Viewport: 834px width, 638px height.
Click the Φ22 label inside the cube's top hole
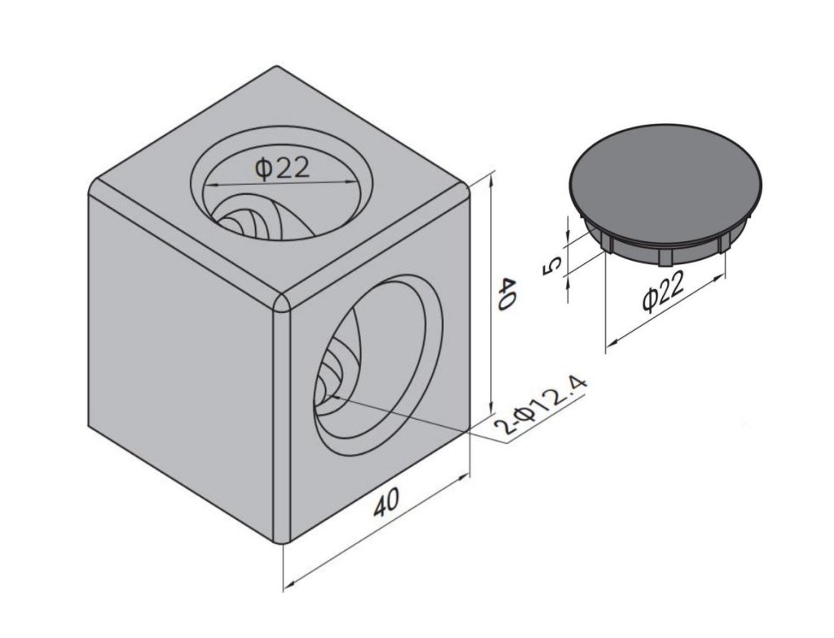click(x=282, y=169)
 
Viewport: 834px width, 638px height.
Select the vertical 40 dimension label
click(x=506, y=293)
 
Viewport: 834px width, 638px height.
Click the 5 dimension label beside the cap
click(x=553, y=265)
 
